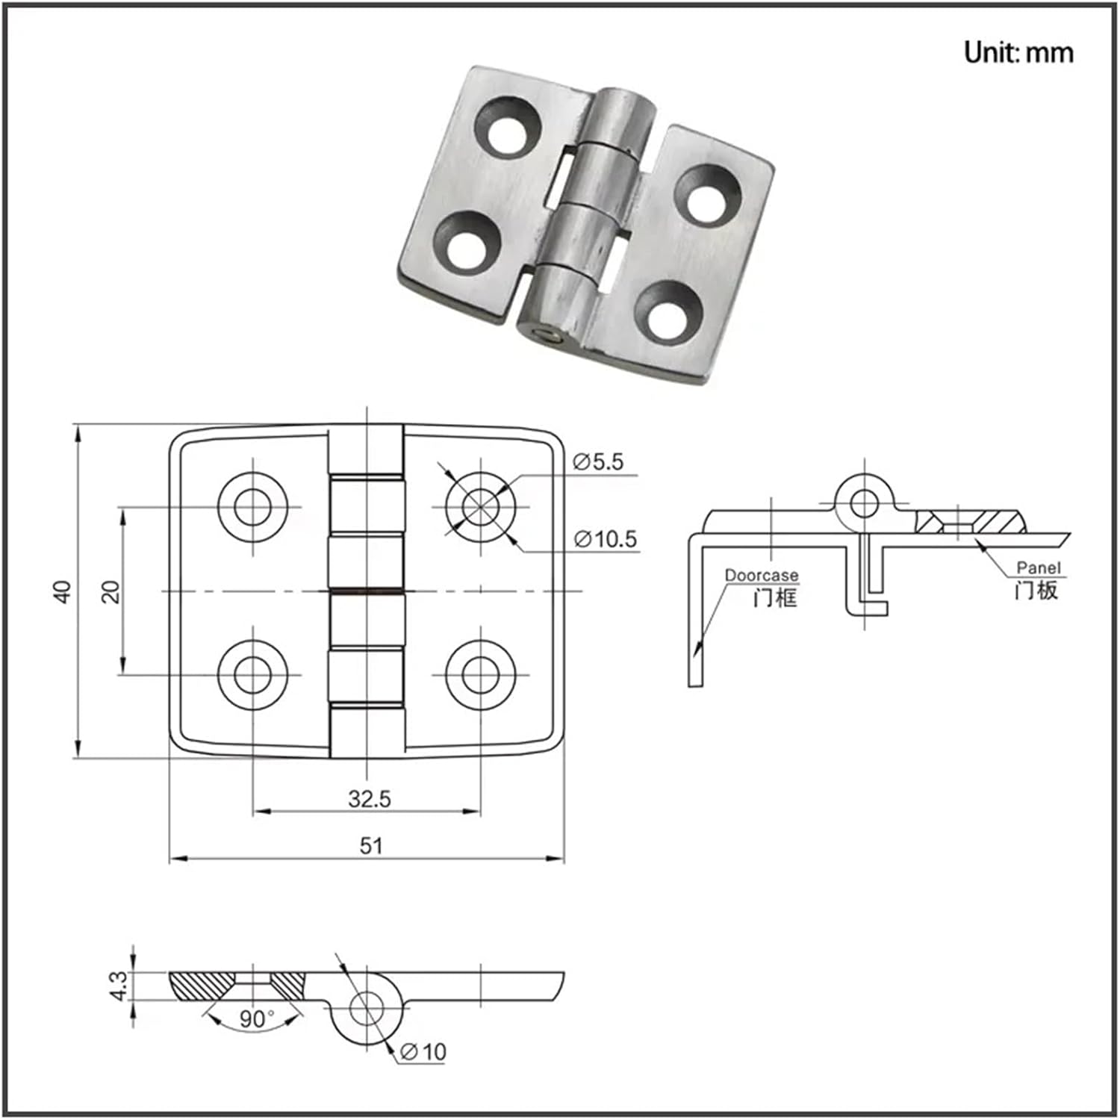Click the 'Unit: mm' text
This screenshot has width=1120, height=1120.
1018,52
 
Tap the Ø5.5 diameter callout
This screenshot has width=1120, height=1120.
598,462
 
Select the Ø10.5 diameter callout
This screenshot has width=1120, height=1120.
606,538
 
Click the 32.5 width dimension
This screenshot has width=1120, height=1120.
369,799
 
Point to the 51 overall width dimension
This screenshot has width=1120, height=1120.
371,845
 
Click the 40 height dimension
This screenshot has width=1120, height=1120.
63,591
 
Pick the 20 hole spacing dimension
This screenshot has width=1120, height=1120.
111,591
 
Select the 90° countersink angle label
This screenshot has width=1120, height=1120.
256,1018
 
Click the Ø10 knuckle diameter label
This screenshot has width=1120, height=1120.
423,1051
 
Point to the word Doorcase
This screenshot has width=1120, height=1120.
761,575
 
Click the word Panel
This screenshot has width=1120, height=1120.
1038,568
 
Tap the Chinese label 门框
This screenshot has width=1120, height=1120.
774,597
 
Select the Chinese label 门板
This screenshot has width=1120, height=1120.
1036,591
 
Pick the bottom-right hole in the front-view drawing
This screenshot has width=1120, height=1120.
480,674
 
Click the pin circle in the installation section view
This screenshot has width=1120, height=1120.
864,503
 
